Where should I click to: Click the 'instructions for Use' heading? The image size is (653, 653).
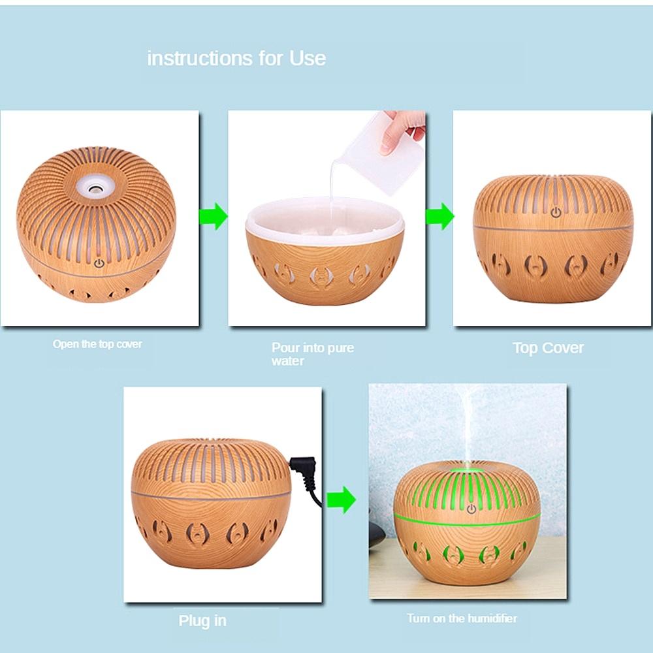pyautogui.click(x=236, y=58)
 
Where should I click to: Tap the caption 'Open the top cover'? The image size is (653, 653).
pyautogui.click(x=97, y=344)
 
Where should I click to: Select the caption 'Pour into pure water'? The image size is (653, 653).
pyautogui.click(x=312, y=354)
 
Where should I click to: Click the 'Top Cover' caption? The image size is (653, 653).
pyautogui.click(x=548, y=348)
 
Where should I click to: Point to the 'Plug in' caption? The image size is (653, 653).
pyautogui.click(x=202, y=621)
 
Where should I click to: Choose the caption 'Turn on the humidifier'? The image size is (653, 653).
pyautogui.click(x=462, y=618)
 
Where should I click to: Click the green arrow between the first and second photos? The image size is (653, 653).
pyautogui.click(x=214, y=217)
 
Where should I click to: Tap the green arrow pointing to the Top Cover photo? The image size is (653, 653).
pyautogui.click(x=440, y=217)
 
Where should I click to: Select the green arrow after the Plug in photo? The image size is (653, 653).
pyautogui.click(x=342, y=500)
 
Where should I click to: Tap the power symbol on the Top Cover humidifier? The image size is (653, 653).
pyautogui.click(x=556, y=213)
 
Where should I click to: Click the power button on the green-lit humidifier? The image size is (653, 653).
pyautogui.click(x=471, y=509)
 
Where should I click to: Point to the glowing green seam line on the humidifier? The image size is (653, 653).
pyautogui.click(x=467, y=522)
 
